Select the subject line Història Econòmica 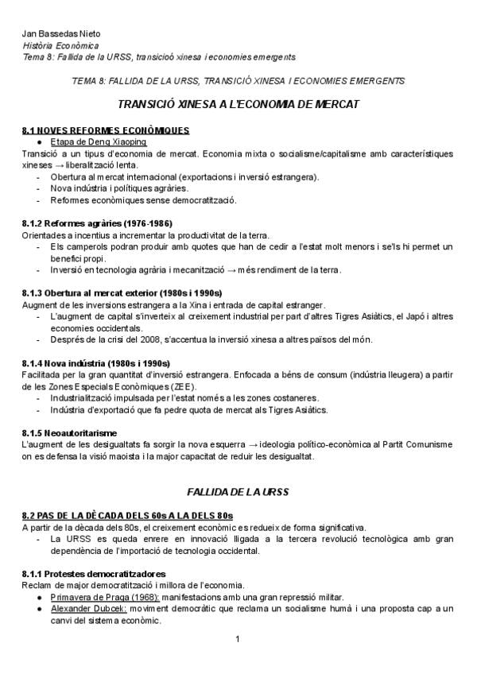pyautogui.click(x=56, y=45)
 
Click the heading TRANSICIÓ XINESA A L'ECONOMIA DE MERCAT pyautogui.click(x=238, y=104)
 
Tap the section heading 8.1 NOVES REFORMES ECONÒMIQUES pyautogui.click(x=106, y=130)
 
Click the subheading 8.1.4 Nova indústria pyautogui.click(x=96, y=363)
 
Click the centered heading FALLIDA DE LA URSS pyautogui.click(x=238, y=492)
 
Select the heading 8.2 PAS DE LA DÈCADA pyautogui.click(x=128, y=516)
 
